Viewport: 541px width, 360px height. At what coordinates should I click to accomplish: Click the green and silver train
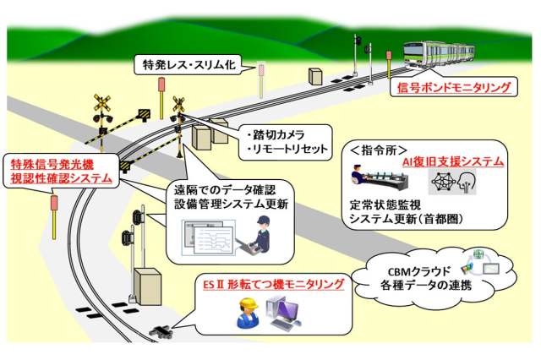coord(438,54)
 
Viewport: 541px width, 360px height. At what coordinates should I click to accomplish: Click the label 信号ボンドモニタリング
coord(454,87)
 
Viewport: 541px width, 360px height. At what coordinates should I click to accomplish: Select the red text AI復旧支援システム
coord(454,161)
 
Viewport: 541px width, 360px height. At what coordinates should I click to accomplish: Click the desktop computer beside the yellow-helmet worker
coord(279,314)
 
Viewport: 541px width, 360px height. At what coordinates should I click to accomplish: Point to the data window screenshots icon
coord(200,238)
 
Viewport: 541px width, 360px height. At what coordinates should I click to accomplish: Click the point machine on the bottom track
coord(161,331)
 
